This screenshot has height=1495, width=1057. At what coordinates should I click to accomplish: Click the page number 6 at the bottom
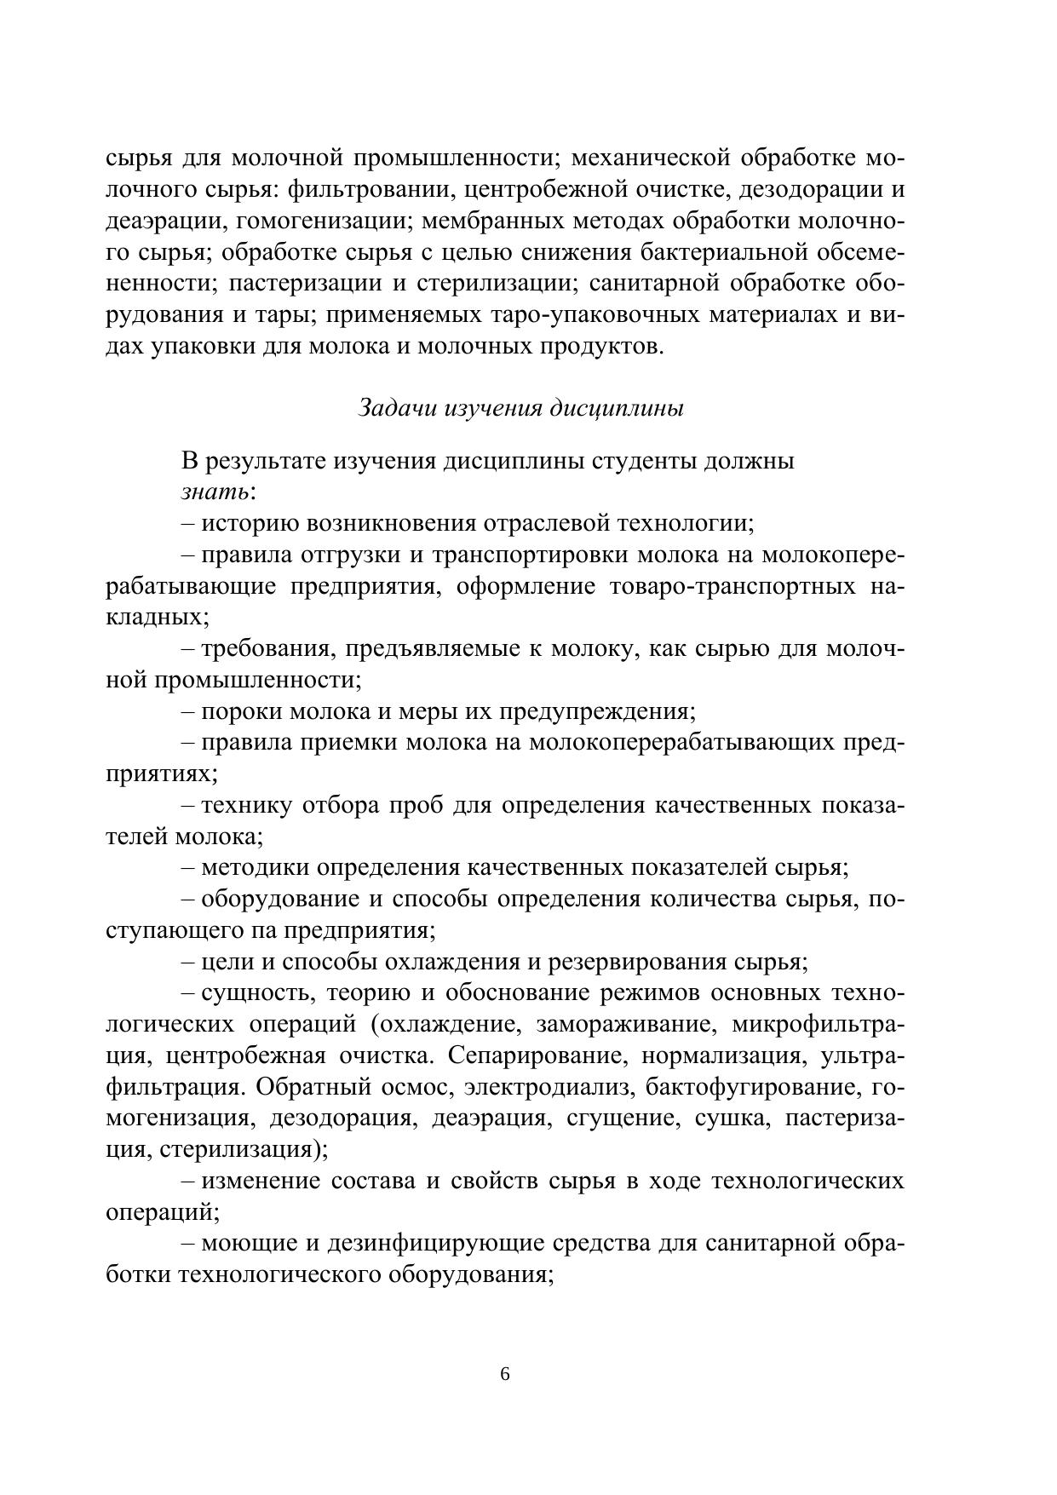pos(505,1374)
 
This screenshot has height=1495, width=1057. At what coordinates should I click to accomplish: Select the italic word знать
pos(215,492)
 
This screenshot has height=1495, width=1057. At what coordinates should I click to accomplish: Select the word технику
pos(247,805)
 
